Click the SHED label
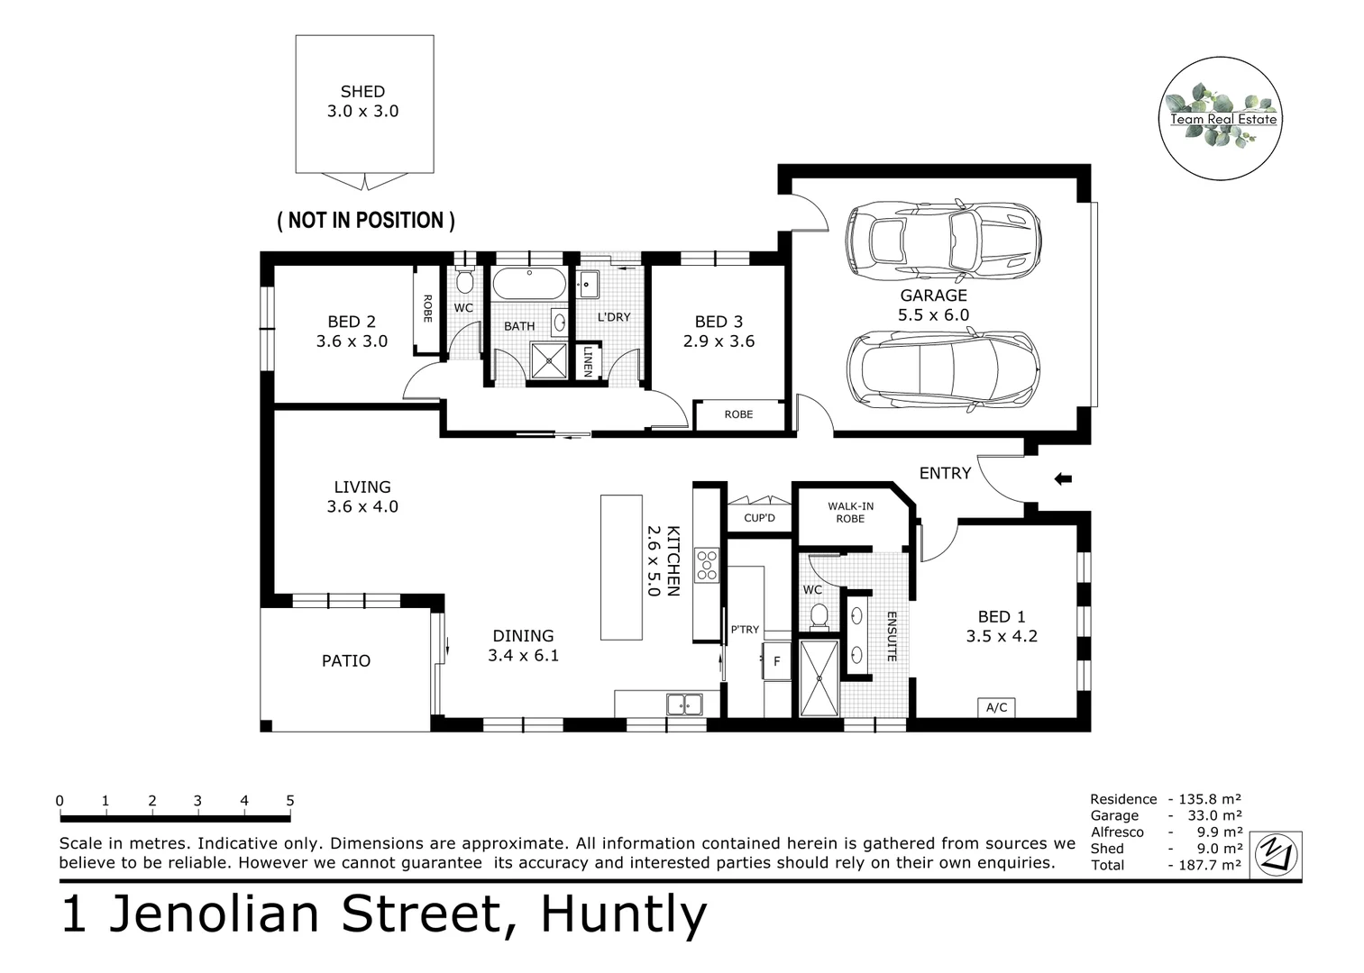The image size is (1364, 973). point(362,92)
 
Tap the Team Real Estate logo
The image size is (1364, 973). point(1220,118)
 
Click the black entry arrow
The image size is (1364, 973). point(1063,479)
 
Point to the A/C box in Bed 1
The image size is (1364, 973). point(996,707)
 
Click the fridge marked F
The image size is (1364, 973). point(776,661)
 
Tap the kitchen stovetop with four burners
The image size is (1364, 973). point(706,565)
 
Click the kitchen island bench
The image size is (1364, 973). point(621,567)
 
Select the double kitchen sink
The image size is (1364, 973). point(684,704)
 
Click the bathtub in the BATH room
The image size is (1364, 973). point(529,284)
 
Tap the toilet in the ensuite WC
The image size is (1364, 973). point(819,616)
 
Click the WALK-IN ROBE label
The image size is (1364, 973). point(850,512)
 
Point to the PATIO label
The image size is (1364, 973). point(346,660)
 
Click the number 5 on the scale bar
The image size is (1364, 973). point(290,800)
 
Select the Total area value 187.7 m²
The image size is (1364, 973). point(1210,865)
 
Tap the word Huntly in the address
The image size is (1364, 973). point(624,914)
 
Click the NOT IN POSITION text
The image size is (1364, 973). point(365,220)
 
